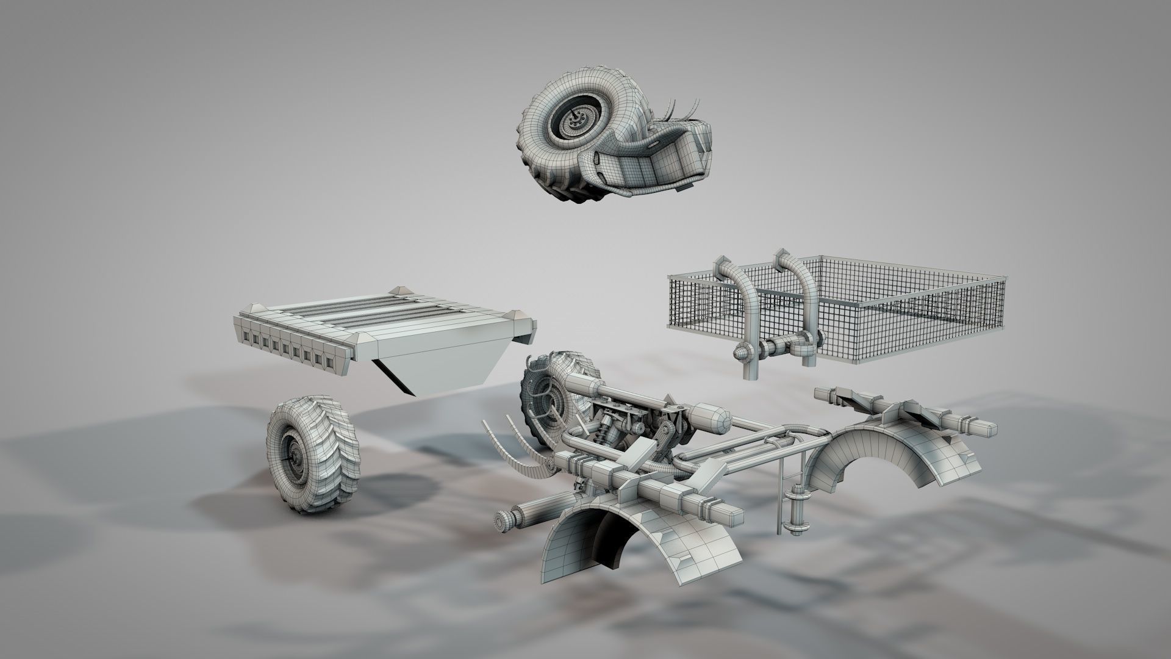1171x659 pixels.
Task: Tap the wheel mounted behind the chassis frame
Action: pyautogui.click(x=549, y=391)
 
